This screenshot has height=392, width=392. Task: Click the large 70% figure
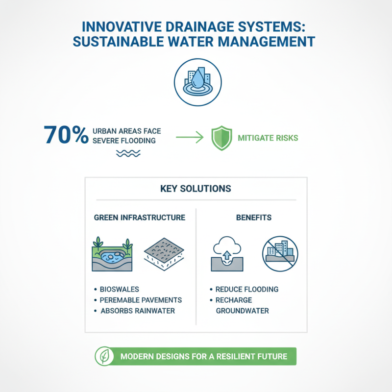point(66,135)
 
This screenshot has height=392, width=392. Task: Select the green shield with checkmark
point(220,138)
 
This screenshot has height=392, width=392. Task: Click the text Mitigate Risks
point(268,138)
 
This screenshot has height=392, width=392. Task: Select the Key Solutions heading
point(196,189)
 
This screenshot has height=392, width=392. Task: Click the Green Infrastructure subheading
point(139,217)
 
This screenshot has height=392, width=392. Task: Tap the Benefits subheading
point(253,217)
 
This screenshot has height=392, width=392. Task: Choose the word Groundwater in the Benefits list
point(243,311)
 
